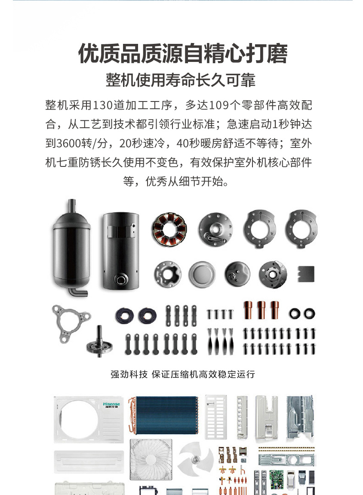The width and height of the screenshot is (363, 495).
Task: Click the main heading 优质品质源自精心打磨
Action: pos(183,53)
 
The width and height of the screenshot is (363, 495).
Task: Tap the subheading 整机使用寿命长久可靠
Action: pos(181,80)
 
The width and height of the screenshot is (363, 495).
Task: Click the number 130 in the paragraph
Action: pos(102,105)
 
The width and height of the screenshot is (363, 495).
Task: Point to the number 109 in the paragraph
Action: pos(219,105)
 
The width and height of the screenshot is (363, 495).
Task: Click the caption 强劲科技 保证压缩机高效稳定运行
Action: pos(183,375)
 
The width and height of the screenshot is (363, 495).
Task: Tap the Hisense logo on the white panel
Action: pos(111,405)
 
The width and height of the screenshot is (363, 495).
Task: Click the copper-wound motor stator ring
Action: pos(169,229)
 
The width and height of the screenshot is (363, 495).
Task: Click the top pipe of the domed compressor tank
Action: pos(72,206)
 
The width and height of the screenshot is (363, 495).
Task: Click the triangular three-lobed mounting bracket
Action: pos(71,323)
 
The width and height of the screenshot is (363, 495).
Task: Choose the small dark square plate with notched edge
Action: pos(306,274)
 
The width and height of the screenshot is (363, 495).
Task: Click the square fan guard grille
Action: pos(151,460)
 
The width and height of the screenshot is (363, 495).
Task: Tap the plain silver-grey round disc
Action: pos(202,274)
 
